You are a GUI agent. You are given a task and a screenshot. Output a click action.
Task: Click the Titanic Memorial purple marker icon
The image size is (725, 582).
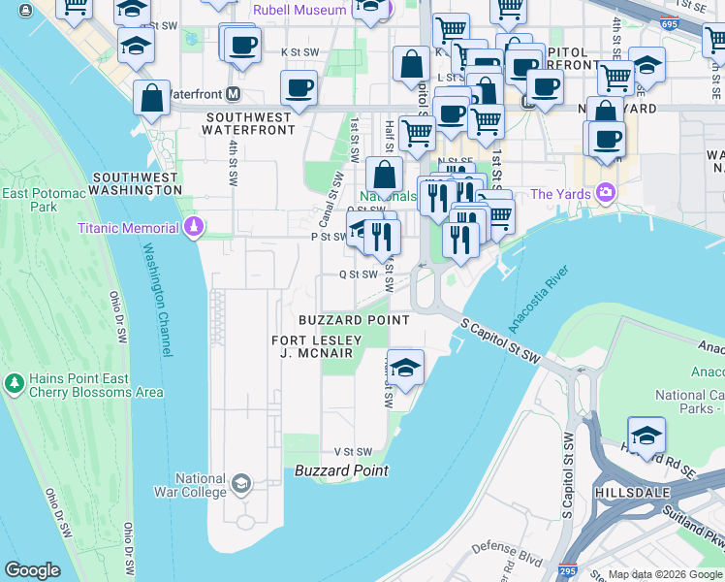pyautogui.click(x=195, y=227)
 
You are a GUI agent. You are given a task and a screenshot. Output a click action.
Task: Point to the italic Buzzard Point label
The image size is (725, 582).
pyautogui.click(x=341, y=470)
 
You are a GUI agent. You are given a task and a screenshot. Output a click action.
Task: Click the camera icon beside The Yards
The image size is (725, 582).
pyautogui.click(x=607, y=193)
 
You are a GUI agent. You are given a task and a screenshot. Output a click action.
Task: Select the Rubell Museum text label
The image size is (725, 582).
pyautogui.click(x=299, y=10)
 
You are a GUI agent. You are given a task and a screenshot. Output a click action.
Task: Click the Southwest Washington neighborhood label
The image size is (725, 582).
pyautogui.click(x=135, y=184)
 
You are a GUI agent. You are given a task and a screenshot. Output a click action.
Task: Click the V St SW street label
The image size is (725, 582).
pyautogui.click(x=353, y=452)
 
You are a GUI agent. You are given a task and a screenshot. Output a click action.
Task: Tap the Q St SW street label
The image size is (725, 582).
pyautogui.click(x=357, y=275)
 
